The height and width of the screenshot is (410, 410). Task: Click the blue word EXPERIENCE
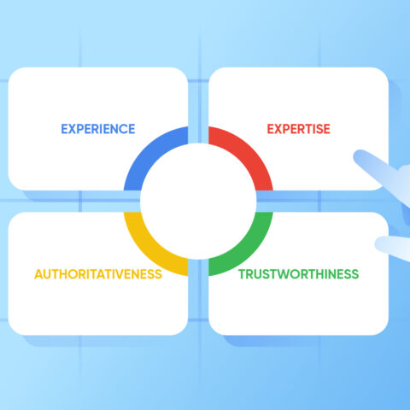98,129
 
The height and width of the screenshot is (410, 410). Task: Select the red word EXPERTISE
298,129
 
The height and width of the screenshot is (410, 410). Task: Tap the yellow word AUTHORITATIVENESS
98,274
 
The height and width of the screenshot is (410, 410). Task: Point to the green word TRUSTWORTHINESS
298,274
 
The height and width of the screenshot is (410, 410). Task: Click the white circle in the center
198,202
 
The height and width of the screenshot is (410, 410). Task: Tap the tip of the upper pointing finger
356,155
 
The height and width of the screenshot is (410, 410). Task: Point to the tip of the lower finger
378,244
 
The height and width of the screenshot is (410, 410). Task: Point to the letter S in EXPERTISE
319,129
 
